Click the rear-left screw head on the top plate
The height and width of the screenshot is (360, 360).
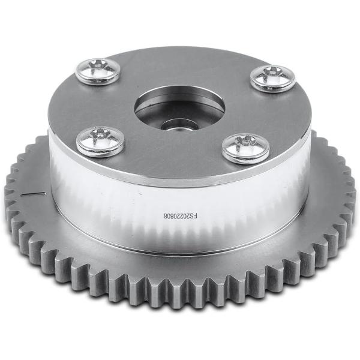click(98, 71)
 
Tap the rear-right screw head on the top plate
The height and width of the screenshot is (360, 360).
click(272, 79)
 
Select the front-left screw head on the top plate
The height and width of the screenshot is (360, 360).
click(100, 142)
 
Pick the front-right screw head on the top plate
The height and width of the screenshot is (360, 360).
click(245, 149)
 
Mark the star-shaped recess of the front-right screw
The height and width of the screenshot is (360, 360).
click(245, 142)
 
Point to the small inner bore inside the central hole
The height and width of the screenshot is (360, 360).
click(179, 127)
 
